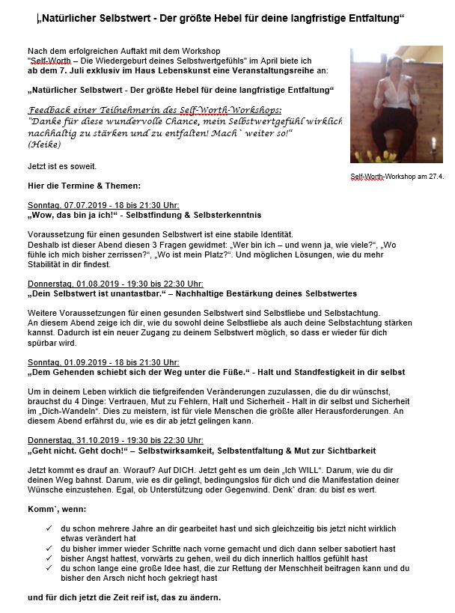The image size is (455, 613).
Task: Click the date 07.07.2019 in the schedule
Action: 77,204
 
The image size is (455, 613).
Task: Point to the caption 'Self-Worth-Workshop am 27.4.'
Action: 397,177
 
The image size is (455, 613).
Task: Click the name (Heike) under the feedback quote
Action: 43,143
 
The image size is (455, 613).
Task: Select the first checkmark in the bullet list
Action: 49,528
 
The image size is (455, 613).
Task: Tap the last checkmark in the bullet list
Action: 49,568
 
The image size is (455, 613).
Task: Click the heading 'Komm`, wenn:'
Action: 52,509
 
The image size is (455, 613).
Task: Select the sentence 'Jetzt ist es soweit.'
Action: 61,165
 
